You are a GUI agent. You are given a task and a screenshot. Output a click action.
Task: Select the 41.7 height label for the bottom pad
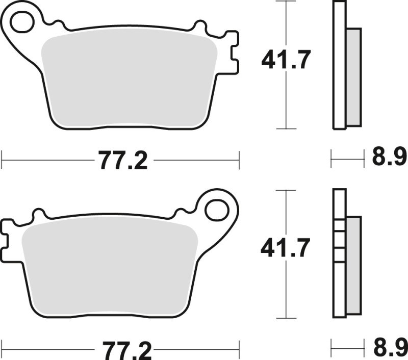click(x=285, y=249)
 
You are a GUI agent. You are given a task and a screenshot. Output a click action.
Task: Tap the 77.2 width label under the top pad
click(x=123, y=162)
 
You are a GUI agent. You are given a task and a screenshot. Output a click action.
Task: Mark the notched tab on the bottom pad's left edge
click(x=8, y=240)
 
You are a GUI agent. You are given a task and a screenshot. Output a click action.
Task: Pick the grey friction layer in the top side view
click(x=353, y=76)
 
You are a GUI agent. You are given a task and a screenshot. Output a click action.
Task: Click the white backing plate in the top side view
click(x=339, y=66)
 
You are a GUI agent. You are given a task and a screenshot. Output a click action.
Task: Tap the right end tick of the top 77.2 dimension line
click(x=239, y=159)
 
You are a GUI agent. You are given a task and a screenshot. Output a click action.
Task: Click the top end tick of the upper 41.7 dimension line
click(x=286, y=2)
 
